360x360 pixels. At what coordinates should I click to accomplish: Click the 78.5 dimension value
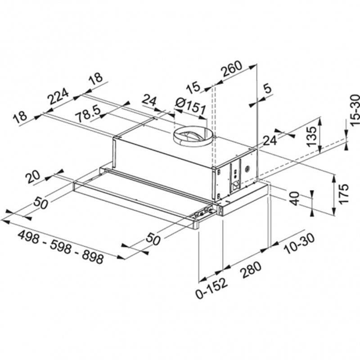[x=87, y=115]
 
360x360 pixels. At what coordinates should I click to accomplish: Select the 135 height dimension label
[x=312, y=135]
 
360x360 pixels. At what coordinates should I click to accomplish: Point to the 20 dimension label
[x=33, y=177]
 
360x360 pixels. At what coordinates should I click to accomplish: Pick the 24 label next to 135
[x=269, y=140]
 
